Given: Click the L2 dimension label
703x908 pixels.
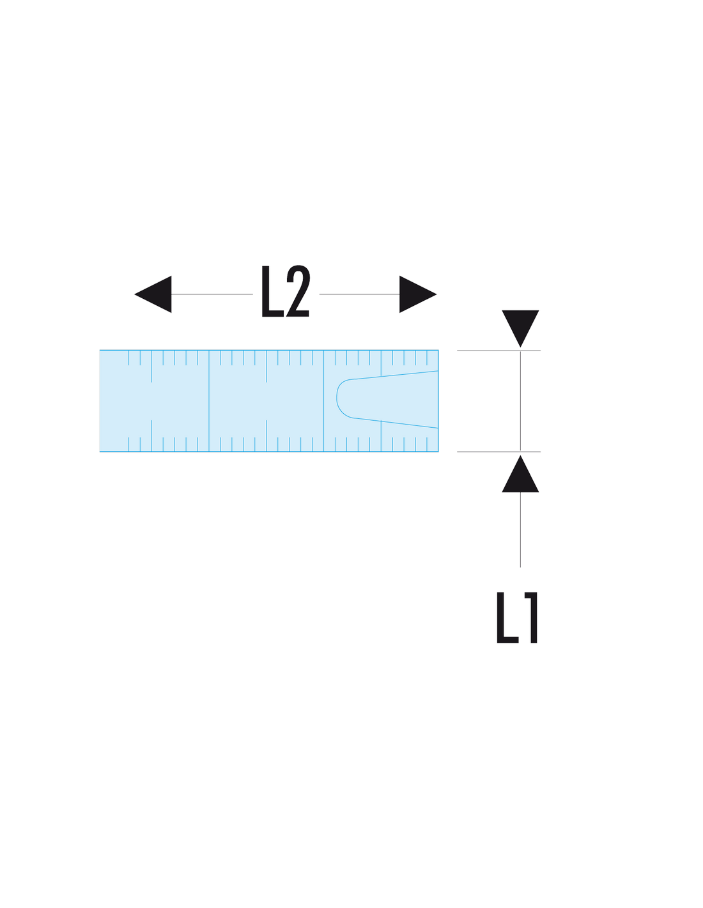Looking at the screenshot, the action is click(285, 291).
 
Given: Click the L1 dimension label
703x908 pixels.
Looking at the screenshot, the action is click(517, 617).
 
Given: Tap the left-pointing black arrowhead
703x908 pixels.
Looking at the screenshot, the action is click(153, 294).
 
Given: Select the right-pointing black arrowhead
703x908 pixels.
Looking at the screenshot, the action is click(418, 294).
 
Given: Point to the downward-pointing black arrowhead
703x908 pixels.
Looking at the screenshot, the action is click(520, 328).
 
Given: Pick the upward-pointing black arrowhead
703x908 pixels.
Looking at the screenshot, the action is click(520, 473).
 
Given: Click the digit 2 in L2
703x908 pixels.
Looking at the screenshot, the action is click(298, 291).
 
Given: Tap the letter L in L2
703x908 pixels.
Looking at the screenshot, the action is click(273, 291).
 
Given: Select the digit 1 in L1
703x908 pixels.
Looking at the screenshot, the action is click(530, 617).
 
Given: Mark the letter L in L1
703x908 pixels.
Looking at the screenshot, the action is click(507, 617).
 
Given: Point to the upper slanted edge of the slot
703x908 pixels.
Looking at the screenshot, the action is click(396, 375).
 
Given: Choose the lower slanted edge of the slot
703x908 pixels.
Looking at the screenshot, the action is click(396, 423).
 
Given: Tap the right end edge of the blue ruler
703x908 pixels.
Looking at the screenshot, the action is click(438, 401).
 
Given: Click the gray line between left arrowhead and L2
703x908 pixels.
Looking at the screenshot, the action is click(212, 294).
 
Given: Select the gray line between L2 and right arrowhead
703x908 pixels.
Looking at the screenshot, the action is click(359, 294).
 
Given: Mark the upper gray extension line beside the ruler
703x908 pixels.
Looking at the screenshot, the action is click(498, 351).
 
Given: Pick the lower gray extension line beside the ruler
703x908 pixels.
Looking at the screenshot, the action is click(498, 451).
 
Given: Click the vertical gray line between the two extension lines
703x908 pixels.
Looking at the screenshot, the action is click(520, 401).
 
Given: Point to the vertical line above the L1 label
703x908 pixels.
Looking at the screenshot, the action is click(520, 529).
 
